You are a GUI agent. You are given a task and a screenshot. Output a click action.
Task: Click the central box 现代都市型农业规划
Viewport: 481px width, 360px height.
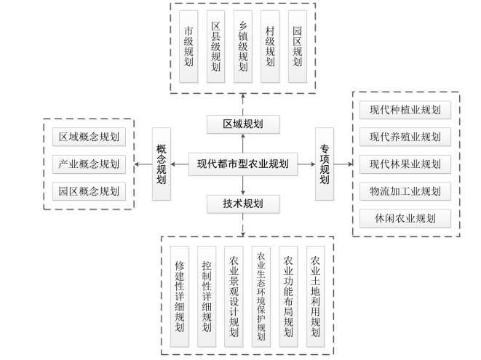coord(243,164)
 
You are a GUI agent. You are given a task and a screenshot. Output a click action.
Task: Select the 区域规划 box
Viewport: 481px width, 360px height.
coord(243,124)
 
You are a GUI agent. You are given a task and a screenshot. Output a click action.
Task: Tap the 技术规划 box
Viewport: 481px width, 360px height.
coord(243,204)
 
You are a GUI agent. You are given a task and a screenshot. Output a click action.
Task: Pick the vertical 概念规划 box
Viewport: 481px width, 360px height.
coord(162,164)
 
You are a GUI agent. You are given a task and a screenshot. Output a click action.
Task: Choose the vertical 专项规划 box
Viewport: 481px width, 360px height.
coord(325,164)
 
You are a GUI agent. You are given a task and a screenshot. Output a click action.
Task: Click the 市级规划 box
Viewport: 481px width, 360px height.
coord(188,47)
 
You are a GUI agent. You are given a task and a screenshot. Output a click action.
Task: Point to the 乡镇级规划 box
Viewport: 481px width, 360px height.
coord(243,47)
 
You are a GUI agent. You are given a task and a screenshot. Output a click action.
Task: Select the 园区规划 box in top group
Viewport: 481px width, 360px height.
coord(297,47)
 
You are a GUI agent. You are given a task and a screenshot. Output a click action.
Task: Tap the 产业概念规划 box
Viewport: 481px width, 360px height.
coord(89,164)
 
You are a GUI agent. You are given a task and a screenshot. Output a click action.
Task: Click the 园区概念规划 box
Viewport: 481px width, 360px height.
coord(89,191)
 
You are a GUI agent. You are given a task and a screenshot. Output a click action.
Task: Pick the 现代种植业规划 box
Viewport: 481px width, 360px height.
coord(405,110)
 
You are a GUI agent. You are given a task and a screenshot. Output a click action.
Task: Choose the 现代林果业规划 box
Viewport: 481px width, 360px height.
coord(405,164)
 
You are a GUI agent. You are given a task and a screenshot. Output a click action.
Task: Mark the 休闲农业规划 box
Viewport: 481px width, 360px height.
coord(405,218)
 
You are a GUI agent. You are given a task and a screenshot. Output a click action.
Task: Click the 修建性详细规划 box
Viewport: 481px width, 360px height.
coord(180,297)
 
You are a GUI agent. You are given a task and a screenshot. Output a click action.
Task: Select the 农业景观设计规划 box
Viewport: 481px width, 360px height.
coord(234,297)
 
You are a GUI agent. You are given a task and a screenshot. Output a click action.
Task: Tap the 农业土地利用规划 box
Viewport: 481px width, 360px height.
coord(315,297)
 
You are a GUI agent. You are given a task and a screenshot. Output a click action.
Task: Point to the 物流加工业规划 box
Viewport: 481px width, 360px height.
coord(405,191)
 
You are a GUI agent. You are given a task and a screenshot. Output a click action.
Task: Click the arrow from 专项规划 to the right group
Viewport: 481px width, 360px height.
coord(343,164)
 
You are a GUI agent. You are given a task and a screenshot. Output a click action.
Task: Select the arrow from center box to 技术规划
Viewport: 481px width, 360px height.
coord(243,185)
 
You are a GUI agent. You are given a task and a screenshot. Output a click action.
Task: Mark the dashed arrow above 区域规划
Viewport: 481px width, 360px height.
coord(243,105)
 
